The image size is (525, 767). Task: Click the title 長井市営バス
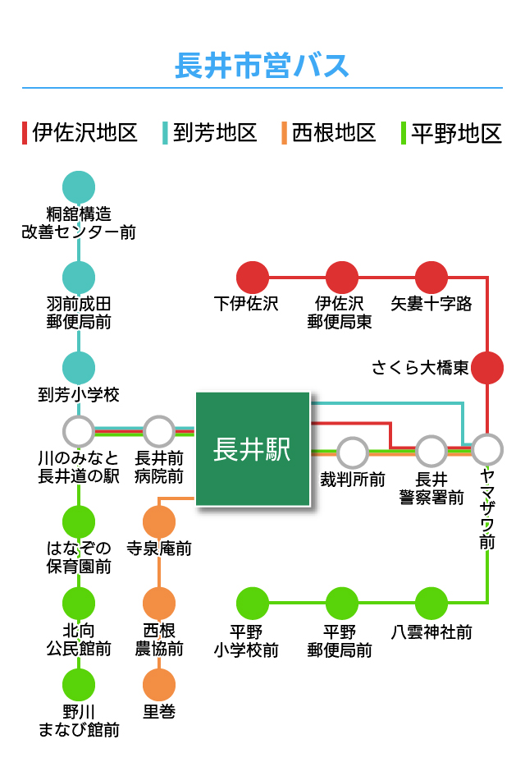(x=262, y=65)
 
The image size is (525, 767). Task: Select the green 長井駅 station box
(x=253, y=448)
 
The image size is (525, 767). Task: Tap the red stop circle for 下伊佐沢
(x=253, y=278)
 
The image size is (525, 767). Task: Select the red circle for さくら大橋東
(x=487, y=367)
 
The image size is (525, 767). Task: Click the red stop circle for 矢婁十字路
(x=431, y=278)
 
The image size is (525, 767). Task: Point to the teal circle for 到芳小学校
(x=79, y=367)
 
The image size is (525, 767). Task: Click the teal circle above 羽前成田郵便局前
(x=79, y=278)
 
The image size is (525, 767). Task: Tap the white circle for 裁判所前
(x=353, y=452)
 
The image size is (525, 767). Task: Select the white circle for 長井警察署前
(x=431, y=450)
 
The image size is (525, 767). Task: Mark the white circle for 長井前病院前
(x=159, y=430)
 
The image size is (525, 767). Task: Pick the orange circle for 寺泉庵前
(x=159, y=521)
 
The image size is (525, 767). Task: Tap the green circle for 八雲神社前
(x=431, y=604)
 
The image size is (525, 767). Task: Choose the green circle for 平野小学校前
(x=253, y=604)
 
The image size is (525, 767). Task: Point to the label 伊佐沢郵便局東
(x=340, y=313)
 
